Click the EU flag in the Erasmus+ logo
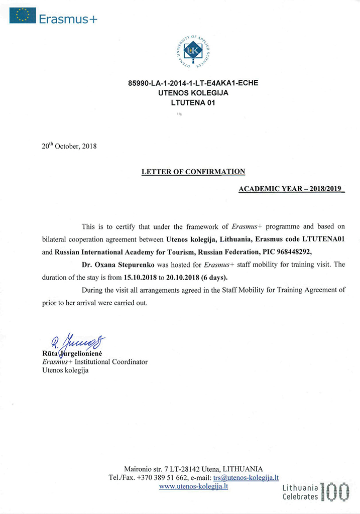(x=23, y=16)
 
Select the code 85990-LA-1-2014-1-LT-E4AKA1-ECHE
(x=193, y=83)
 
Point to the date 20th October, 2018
(x=69, y=147)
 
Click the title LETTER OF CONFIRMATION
(x=193, y=172)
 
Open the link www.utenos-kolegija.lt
(x=193, y=486)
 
